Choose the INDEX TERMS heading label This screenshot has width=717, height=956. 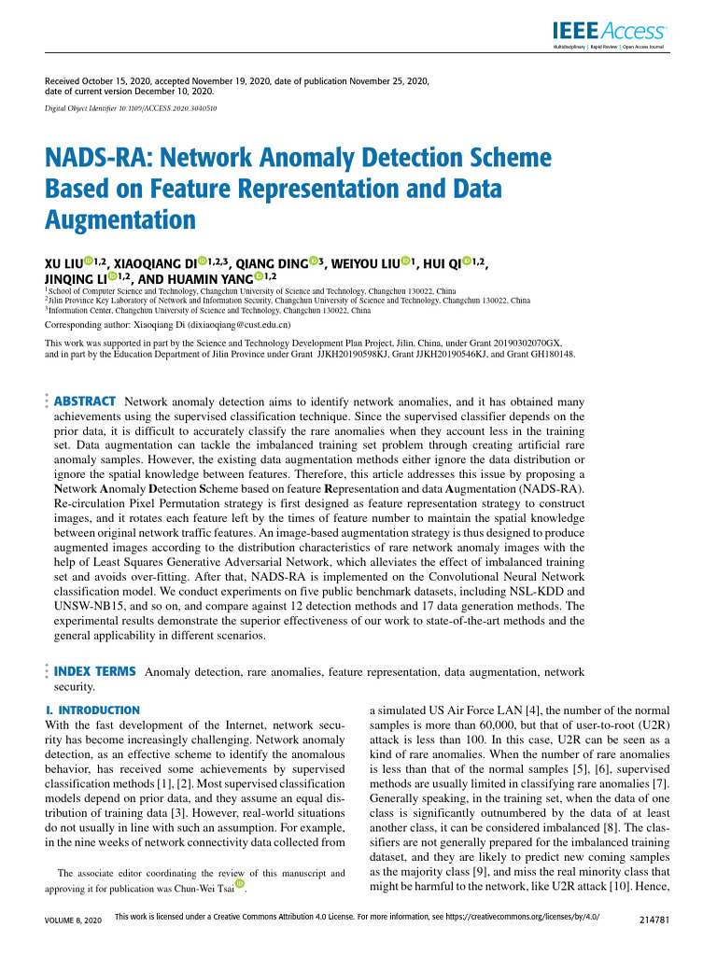[96, 671]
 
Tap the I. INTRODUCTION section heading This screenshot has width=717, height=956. [92, 710]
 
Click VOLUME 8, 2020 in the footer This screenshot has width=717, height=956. [66, 921]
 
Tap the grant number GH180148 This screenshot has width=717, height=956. [551, 354]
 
